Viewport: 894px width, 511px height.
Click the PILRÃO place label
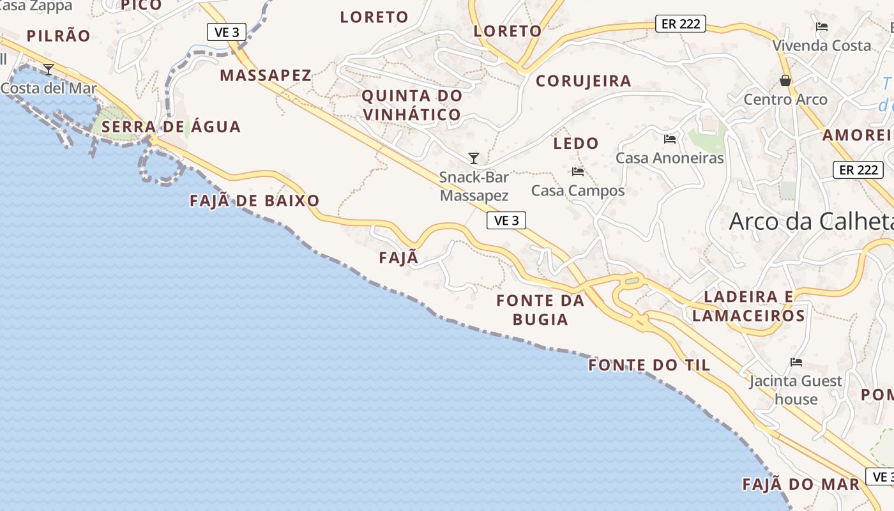(59, 36)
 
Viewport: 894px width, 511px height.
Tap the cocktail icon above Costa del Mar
(49, 69)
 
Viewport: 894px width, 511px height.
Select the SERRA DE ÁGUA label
(171, 126)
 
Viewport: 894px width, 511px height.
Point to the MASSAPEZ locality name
(266, 75)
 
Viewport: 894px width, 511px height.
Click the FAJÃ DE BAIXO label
(255, 201)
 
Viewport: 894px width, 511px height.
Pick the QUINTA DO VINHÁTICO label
(412, 105)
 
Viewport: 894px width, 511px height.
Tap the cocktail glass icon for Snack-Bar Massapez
(474, 158)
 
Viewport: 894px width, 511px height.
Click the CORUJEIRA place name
(584, 81)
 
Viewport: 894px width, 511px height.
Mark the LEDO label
(576, 143)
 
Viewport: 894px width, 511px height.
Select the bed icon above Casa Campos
(578, 171)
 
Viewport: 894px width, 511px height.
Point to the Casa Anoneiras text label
(670, 158)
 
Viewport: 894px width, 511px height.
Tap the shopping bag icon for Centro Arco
(785, 80)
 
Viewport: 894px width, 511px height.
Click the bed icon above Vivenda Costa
(822, 27)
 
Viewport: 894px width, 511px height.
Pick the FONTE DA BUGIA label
(541, 310)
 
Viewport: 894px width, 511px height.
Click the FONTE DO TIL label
(649, 365)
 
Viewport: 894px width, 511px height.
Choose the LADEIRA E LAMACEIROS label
(749, 306)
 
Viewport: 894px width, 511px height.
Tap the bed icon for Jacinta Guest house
(796, 362)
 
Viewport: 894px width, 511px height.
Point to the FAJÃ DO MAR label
(801, 484)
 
